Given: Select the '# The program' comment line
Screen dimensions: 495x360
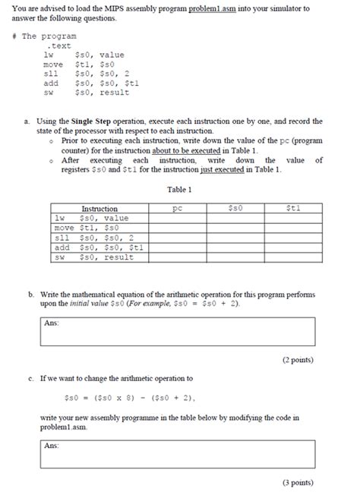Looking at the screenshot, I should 50,36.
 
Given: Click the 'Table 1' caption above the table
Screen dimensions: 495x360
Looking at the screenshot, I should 179,190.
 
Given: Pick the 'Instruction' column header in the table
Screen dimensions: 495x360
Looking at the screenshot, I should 99,208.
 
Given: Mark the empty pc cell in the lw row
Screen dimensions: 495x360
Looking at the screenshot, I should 178,218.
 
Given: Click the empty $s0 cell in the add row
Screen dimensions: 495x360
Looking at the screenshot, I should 235,247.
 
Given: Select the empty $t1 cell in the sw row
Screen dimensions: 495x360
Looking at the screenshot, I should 292,257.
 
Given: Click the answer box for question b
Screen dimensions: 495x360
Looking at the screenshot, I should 179,330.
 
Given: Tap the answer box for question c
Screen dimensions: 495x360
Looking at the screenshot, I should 179,453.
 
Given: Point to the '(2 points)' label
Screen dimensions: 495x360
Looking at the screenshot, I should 297,359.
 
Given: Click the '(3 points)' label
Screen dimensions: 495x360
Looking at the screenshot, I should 297,482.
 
